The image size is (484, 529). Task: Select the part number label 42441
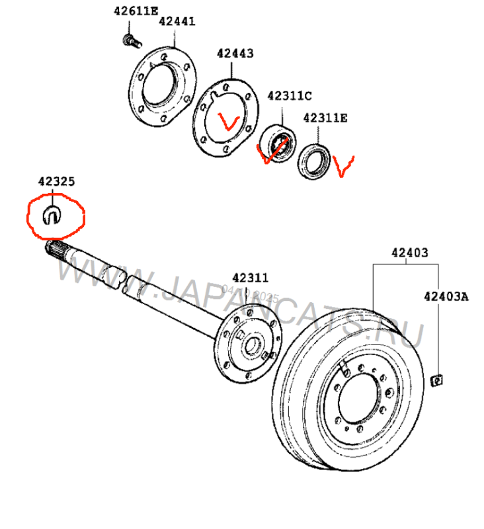(x=177, y=21)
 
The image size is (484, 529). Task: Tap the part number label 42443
(x=235, y=54)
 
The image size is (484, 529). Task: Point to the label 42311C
(x=289, y=96)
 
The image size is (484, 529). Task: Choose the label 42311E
(x=325, y=118)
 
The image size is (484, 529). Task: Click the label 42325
(x=56, y=181)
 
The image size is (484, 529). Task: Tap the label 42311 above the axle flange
(x=250, y=278)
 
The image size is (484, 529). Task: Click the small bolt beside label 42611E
(x=131, y=40)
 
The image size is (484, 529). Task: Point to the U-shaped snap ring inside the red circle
(x=54, y=214)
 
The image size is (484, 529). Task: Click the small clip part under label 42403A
(x=437, y=380)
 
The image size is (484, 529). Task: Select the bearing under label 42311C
(x=277, y=143)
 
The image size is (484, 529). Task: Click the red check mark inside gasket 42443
(x=229, y=122)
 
